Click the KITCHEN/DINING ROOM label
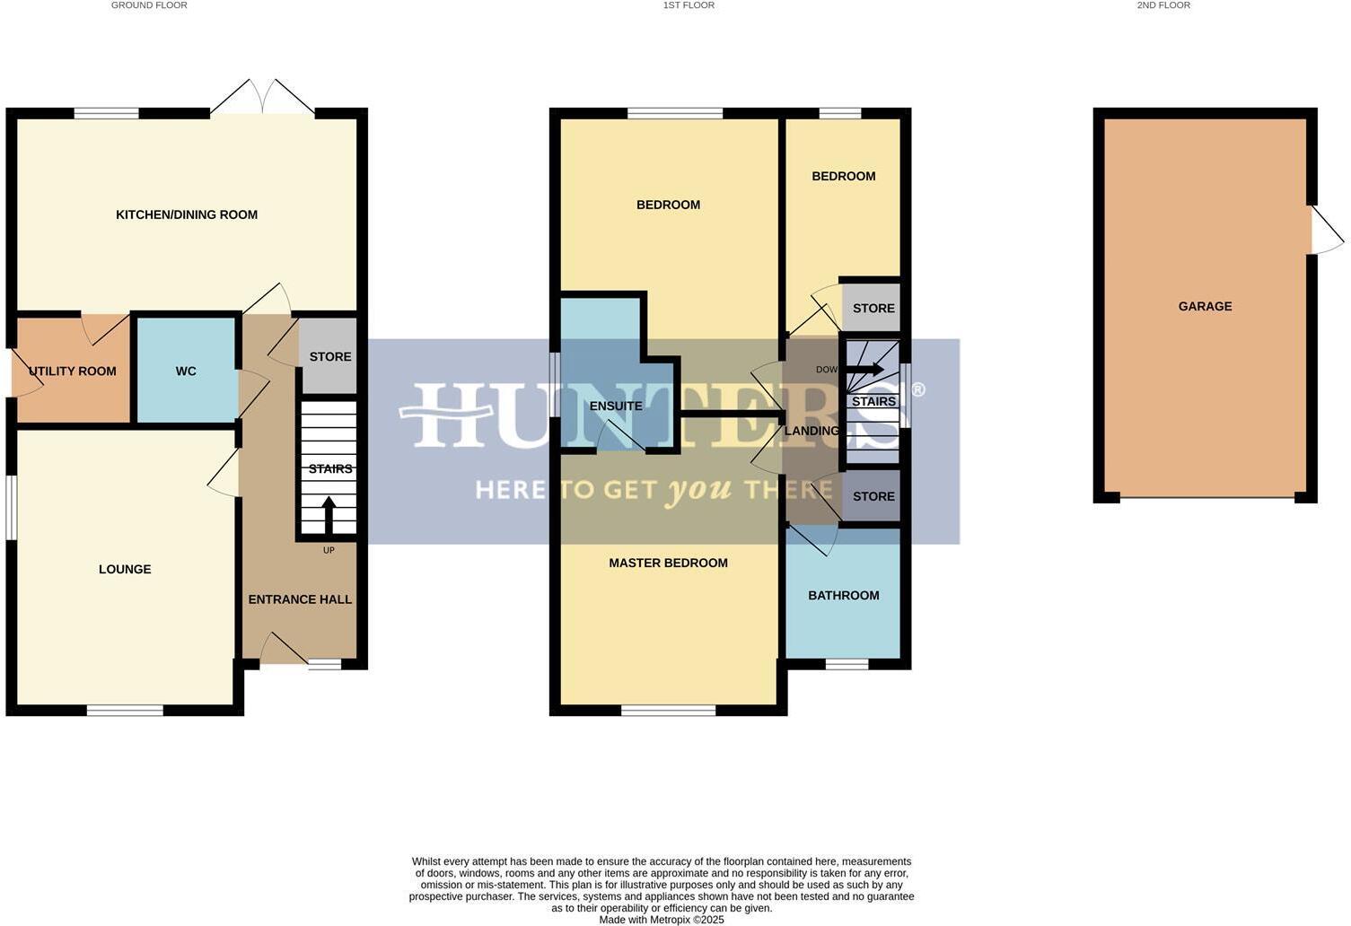[x=187, y=214]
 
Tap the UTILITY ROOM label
[x=73, y=371]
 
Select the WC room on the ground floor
[x=186, y=371]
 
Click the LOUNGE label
[x=125, y=569]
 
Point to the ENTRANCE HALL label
[x=300, y=599]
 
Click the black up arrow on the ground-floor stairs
[x=329, y=515]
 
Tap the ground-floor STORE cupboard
[x=329, y=356]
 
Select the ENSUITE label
[x=616, y=406]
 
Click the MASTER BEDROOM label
[x=668, y=563]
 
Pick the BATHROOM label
[x=843, y=595]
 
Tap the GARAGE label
[x=1205, y=306]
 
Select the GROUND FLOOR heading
[x=149, y=5]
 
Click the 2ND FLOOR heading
[x=1163, y=5]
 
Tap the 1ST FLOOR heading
[x=689, y=5]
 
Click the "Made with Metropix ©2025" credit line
[x=662, y=920]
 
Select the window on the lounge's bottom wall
[x=125, y=711]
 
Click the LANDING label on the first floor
[x=811, y=431]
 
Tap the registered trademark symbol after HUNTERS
[x=918, y=389]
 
